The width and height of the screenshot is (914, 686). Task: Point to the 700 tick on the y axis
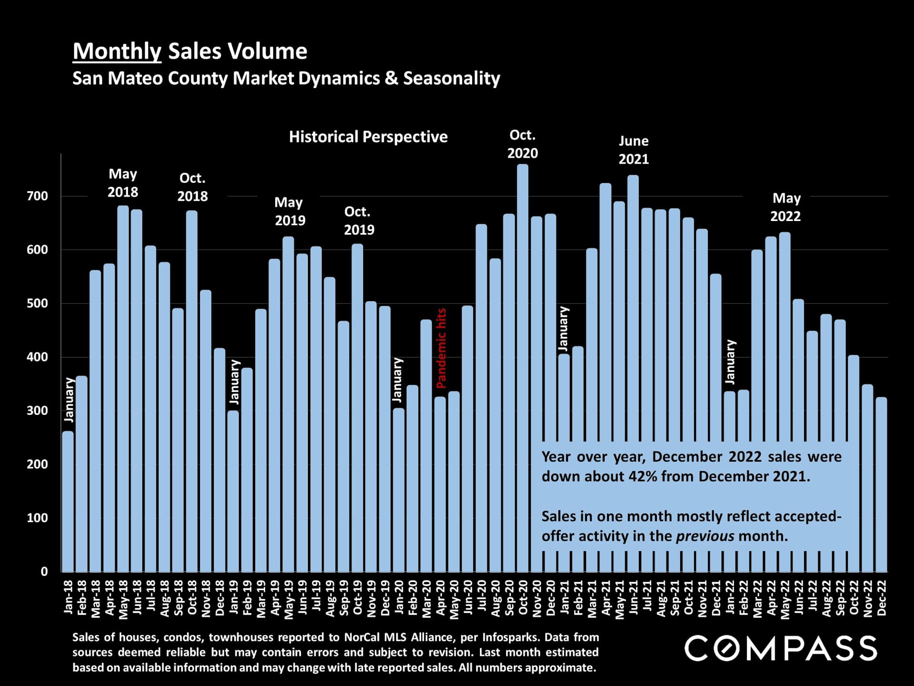38,196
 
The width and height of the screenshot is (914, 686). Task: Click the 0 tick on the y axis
44,571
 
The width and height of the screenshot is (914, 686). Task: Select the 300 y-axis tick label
38,411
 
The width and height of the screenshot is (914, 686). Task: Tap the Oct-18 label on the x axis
192,598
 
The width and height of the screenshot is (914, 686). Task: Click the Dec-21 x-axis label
716,598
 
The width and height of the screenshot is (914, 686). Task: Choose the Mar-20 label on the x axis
427,599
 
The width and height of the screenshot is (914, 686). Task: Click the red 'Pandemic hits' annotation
441,348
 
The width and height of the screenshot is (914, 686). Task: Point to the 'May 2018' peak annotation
123,183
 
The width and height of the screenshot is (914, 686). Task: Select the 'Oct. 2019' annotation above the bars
358,221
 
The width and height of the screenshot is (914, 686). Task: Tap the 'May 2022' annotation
786,207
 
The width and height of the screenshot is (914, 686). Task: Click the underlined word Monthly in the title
117,51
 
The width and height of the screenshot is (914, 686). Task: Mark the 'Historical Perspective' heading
368,137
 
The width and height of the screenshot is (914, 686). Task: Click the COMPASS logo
781,648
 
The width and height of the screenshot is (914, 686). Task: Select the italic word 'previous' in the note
705,536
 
